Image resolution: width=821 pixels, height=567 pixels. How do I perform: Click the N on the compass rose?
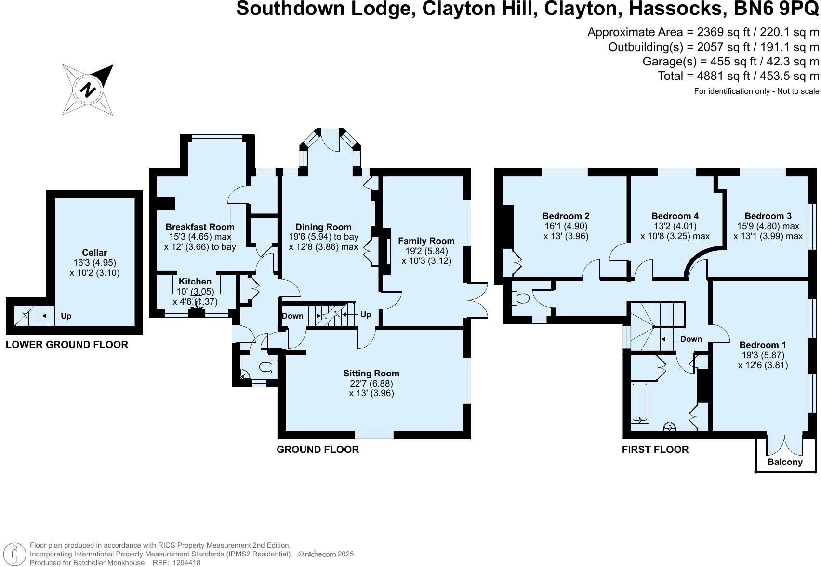pyautogui.click(x=88, y=90)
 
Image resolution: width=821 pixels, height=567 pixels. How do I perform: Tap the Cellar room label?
pyautogui.click(x=94, y=252)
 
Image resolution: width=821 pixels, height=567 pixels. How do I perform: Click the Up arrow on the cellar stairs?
pyautogui.click(x=49, y=316)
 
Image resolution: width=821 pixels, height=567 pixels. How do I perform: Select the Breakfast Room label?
pyautogui.click(x=199, y=227)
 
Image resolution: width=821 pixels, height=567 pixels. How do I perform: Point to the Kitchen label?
pyautogui.click(x=195, y=281)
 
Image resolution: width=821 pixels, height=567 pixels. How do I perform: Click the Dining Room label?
pyautogui.click(x=323, y=227)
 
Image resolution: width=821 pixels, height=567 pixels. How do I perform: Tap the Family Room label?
pyautogui.click(x=426, y=241)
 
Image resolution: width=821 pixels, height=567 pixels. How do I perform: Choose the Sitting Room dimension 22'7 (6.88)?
pyautogui.click(x=371, y=383)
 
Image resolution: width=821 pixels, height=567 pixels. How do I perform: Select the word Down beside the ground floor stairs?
pyautogui.click(x=292, y=316)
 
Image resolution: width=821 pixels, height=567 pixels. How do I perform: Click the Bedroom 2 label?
pyautogui.click(x=566, y=216)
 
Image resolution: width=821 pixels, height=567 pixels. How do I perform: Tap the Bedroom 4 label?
pyautogui.click(x=675, y=216)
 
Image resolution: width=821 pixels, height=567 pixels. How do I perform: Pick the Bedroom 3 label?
pyautogui.click(x=768, y=216)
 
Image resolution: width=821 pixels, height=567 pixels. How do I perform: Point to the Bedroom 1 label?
pyautogui.click(x=762, y=345)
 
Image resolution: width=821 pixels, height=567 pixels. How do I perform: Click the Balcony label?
pyautogui.click(x=785, y=462)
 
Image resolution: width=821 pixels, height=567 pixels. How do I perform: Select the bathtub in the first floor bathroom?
pyautogui.click(x=639, y=403)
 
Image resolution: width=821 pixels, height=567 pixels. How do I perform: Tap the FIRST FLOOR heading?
pyautogui.click(x=655, y=449)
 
